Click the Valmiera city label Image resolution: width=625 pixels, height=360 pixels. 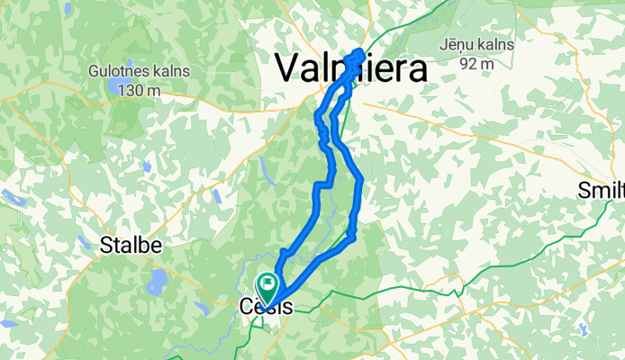click(349, 67)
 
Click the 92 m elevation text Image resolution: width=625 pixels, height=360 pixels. click(477, 64)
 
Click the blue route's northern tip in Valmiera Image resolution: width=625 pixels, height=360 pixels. click(361, 52)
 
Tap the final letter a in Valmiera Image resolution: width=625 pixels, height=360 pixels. click(414, 67)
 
